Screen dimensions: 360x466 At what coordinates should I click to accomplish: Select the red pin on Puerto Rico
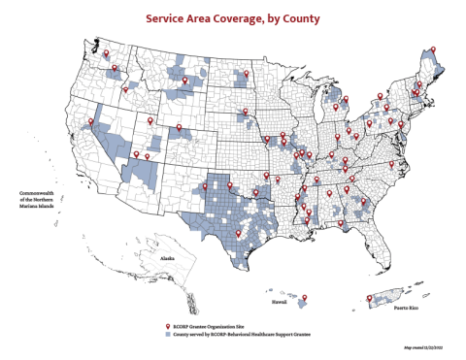click(x=370, y=297)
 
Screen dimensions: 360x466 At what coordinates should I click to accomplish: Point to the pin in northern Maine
click(x=434, y=49)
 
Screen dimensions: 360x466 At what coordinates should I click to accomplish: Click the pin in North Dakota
click(x=246, y=74)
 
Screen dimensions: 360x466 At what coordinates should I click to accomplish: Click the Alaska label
click(x=166, y=258)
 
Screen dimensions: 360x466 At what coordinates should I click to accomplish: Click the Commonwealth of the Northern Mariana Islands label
click(x=34, y=204)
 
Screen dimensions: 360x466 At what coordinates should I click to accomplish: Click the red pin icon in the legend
click(x=168, y=326)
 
